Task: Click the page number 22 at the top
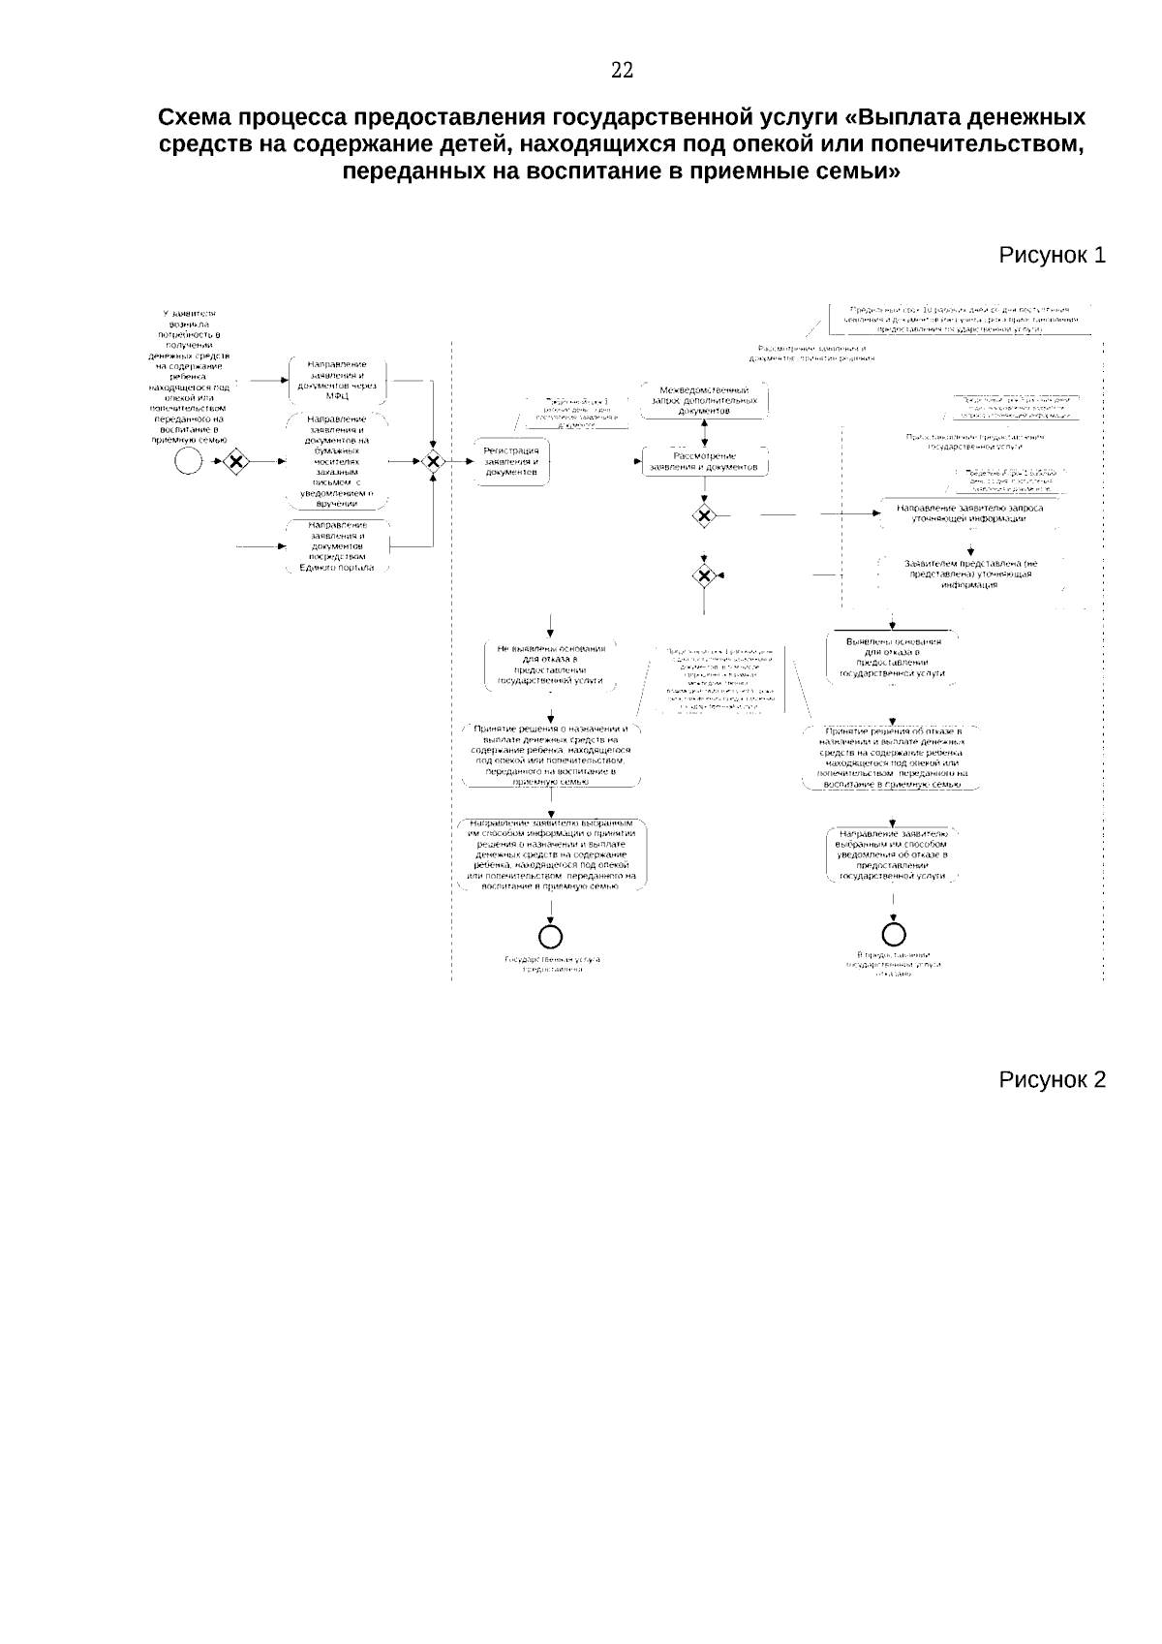coord(623,70)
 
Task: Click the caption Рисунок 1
coord(1052,256)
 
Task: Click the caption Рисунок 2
coord(1052,1080)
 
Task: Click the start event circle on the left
coord(189,461)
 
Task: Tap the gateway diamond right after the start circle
coord(233,461)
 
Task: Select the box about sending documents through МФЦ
coord(337,381)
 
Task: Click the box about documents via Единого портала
coord(337,546)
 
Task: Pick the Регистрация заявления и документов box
coord(511,463)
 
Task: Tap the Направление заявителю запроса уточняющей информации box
coord(969,512)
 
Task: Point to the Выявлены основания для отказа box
coord(893,659)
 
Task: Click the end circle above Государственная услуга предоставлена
coord(551,935)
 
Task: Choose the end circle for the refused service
coord(894,934)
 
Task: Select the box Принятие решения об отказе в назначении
coord(892,757)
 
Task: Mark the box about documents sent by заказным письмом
coord(337,461)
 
